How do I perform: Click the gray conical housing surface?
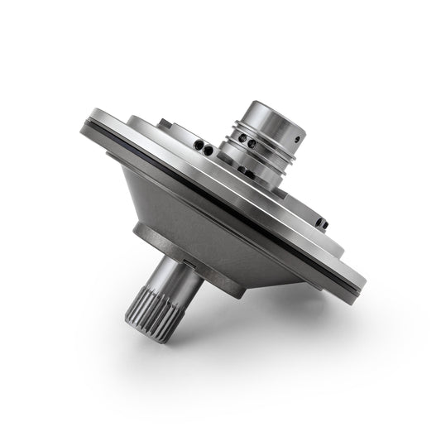[x=207, y=215]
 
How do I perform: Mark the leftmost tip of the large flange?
[x=83, y=126]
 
